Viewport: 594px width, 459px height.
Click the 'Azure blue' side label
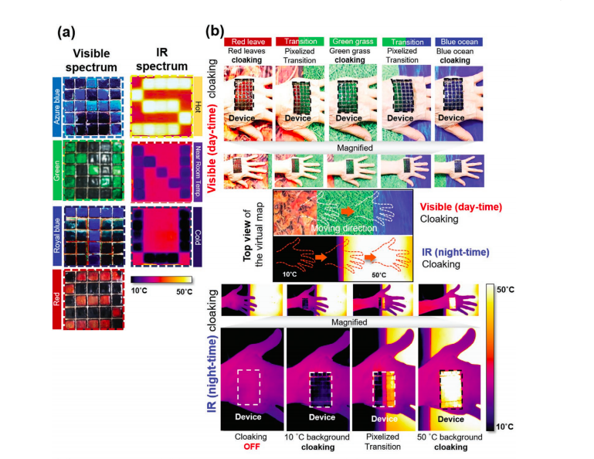57,105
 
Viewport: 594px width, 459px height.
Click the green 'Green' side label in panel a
57,170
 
